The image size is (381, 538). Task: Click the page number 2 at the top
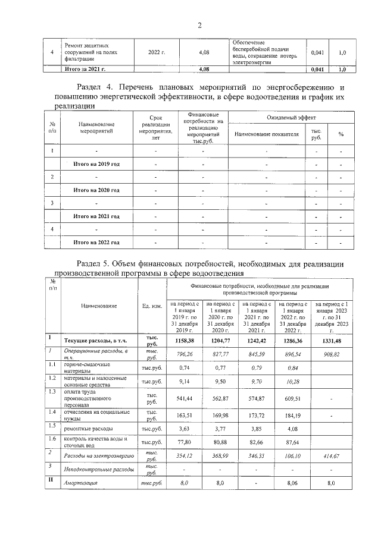200,25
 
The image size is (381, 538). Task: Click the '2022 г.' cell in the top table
157,52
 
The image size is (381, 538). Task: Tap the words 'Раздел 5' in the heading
99,263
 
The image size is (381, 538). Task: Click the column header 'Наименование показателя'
266,134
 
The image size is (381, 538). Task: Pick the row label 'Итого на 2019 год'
96,163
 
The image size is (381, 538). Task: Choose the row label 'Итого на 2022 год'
96,243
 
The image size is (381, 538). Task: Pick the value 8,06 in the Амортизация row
293,484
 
